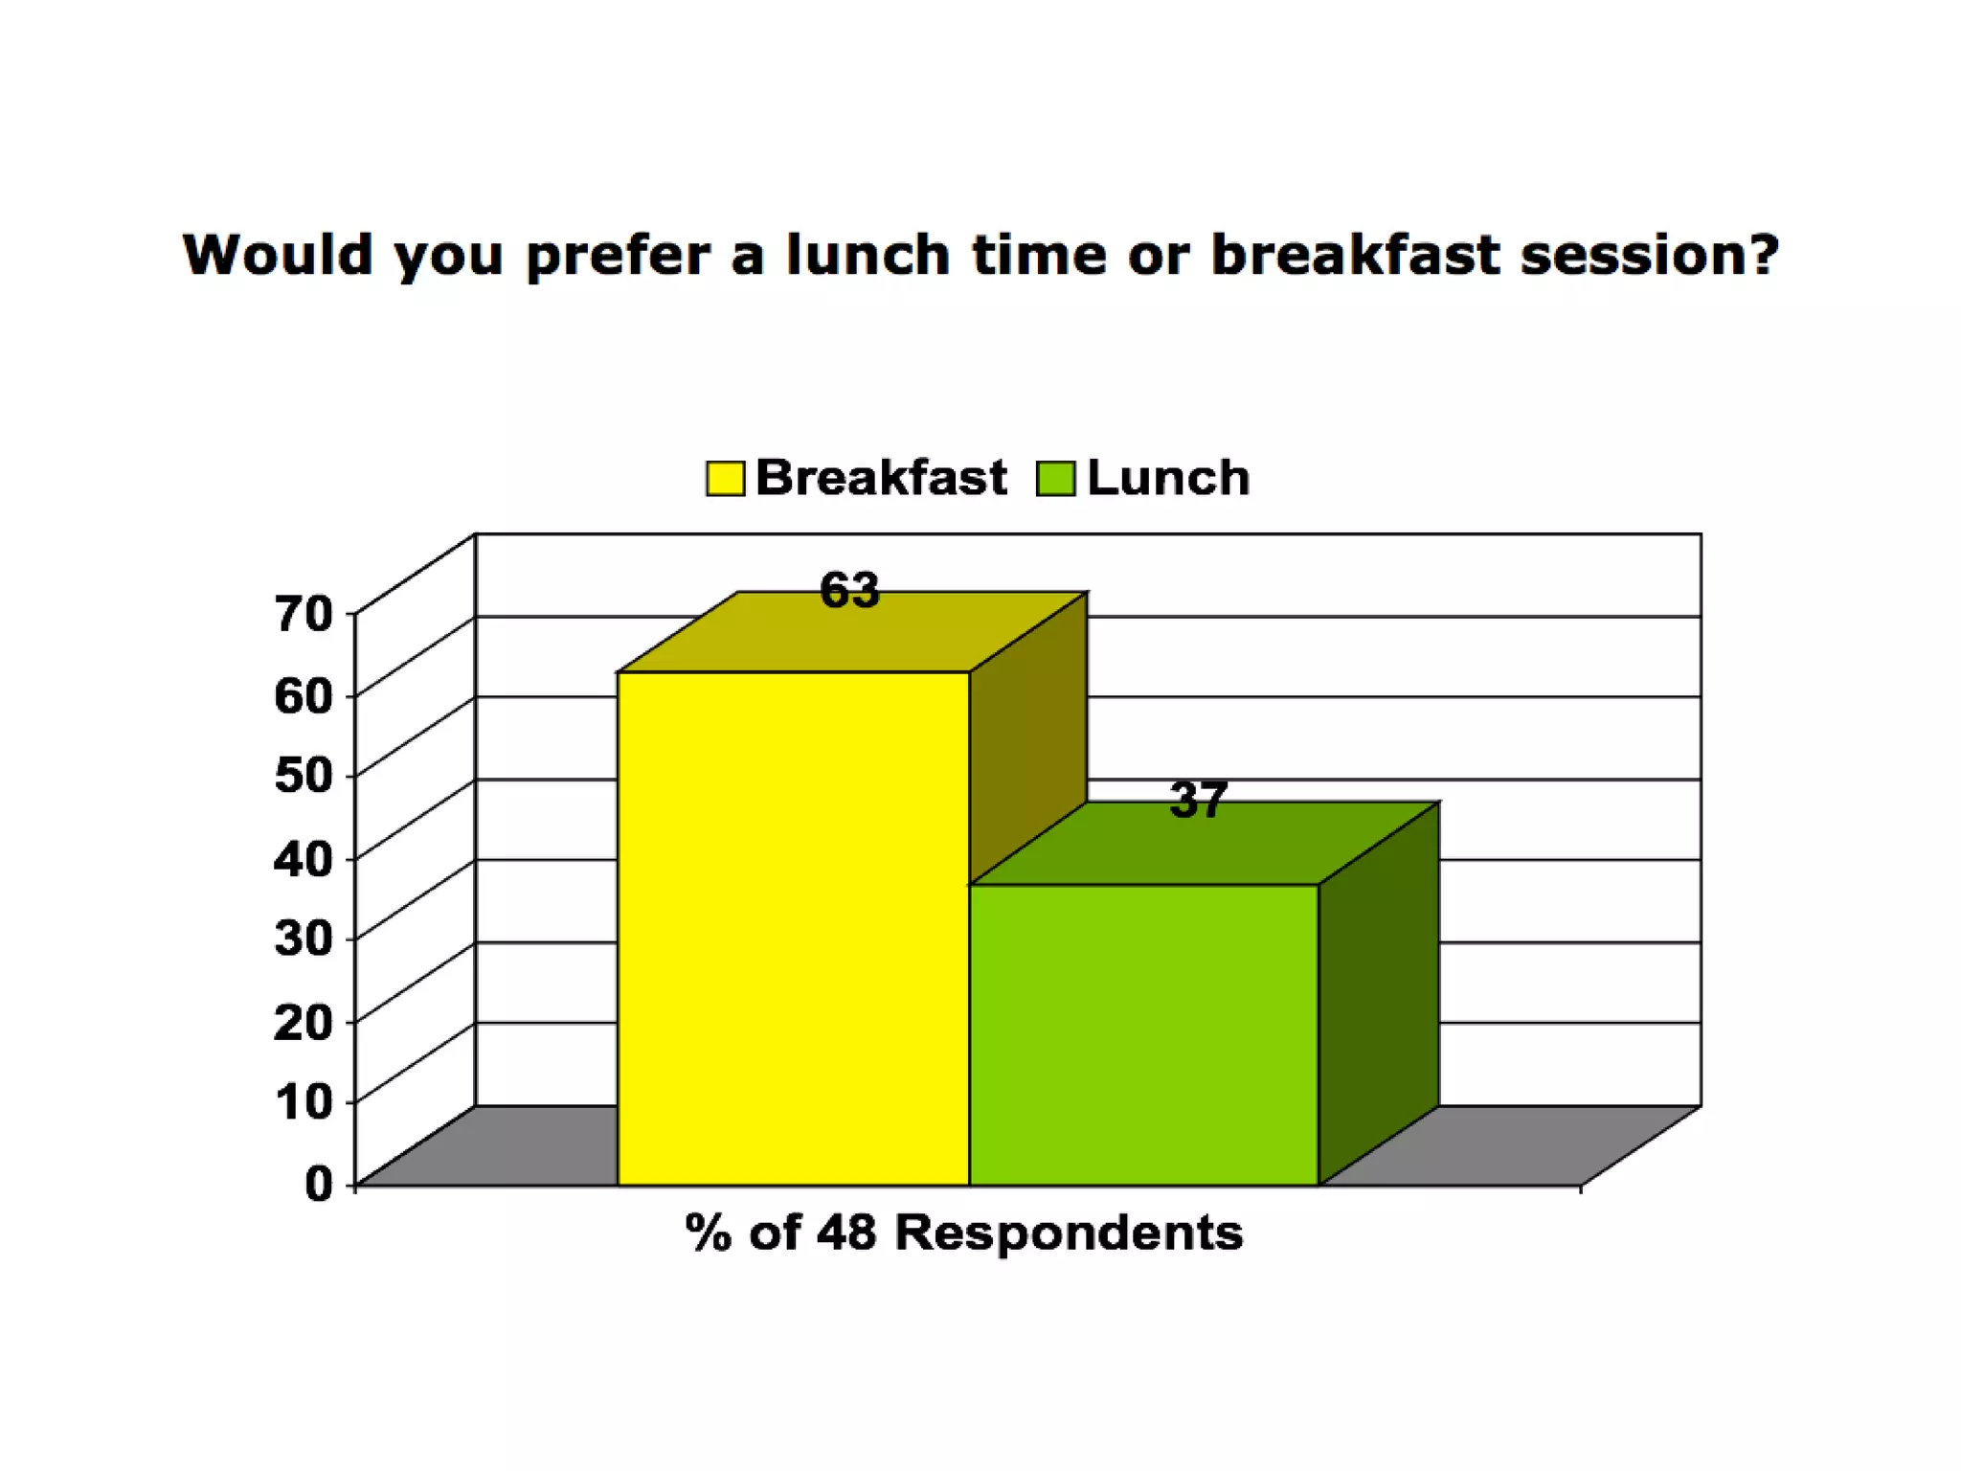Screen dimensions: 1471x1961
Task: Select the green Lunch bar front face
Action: pyautogui.click(x=1143, y=1034)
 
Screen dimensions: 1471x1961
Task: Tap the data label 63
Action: pyautogui.click(x=849, y=590)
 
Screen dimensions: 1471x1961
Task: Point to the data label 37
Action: pyautogui.click(x=1198, y=800)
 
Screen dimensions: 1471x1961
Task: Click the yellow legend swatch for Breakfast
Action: pyautogui.click(x=725, y=478)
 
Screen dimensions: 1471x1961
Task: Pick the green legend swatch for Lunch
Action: pyautogui.click(x=1055, y=478)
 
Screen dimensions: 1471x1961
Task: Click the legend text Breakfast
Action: pyautogui.click(x=881, y=477)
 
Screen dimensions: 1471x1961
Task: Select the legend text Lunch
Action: pyautogui.click(x=1168, y=477)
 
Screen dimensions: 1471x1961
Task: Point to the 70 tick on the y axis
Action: pyautogui.click(x=304, y=613)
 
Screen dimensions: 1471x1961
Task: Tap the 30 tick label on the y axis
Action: pyautogui.click(x=304, y=938)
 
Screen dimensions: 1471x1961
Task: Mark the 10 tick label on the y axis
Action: pyautogui.click(x=304, y=1101)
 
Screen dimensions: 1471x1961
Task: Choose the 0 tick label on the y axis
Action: pyautogui.click(x=318, y=1184)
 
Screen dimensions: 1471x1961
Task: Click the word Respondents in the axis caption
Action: pyautogui.click(x=1068, y=1232)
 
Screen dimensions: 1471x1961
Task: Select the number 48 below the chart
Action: pyautogui.click(x=846, y=1232)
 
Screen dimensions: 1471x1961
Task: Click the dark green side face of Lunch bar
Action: pyautogui.click(x=1379, y=996)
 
